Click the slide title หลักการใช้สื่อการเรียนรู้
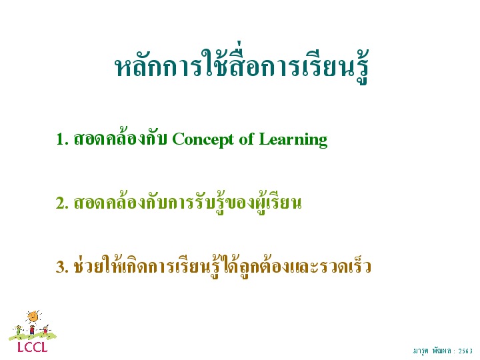(x=241, y=64)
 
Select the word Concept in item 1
(x=203, y=140)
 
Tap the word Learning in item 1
(x=293, y=140)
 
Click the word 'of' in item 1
(x=247, y=139)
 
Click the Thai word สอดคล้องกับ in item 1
(x=120, y=138)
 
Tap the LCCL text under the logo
(x=33, y=347)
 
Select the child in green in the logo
(x=19, y=331)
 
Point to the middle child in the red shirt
(x=32, y=330)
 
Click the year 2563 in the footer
(x=465, y=351)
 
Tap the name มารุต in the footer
(x=421, y=351)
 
